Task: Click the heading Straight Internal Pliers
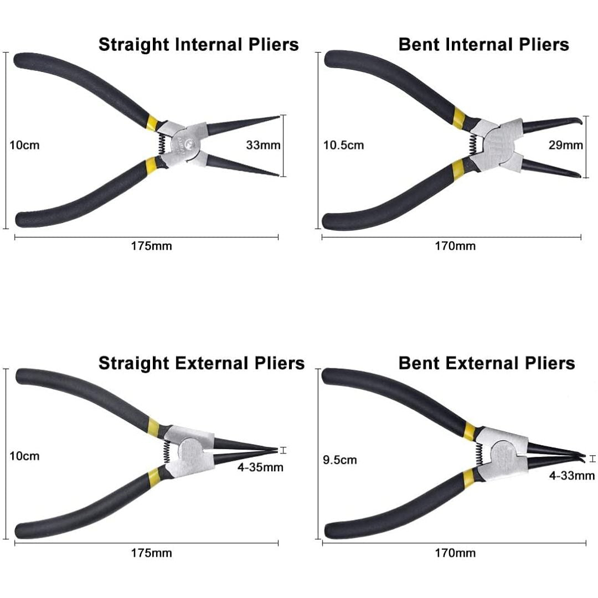(198, 44)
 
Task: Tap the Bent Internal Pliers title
(483, 44)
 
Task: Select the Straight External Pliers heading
(202, 363)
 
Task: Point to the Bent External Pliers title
(486, 363)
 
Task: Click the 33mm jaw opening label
(263, 145)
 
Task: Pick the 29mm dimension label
(565, 145)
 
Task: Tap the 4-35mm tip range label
(260, 467)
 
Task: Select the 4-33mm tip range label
(571, 475)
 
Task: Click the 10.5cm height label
(344, 146)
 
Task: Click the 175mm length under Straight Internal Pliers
(151, 246)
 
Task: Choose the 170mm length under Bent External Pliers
(455, 553)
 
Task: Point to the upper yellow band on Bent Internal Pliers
(459, 117)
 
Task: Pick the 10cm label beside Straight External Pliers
(24, 456)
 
